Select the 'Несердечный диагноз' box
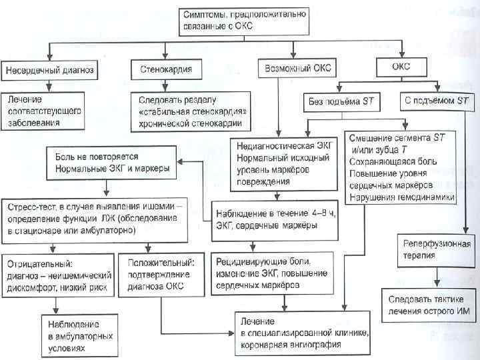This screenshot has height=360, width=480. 51,69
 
